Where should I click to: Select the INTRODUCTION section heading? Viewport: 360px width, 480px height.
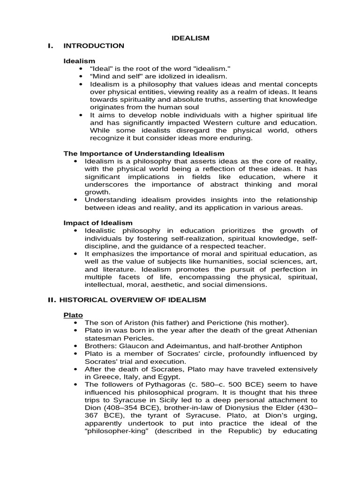[x=94, y=46]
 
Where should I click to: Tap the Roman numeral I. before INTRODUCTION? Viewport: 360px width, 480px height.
[x=51, y=46]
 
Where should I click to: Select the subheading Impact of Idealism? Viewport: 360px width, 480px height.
[x=98, y=223]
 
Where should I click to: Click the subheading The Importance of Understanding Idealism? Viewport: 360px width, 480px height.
[x=144, y=153]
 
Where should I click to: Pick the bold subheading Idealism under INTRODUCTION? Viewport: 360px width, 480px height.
[x=79, y=61]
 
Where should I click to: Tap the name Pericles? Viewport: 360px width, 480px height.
[x=139, y=338]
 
